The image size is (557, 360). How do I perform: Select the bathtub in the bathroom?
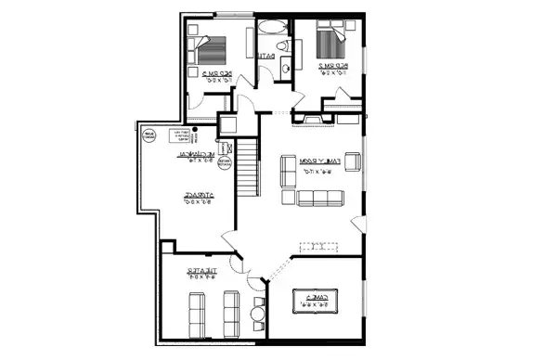(273, 26)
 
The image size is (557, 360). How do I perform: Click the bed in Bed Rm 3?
(214, 47)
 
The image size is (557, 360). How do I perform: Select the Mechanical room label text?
(196, 155)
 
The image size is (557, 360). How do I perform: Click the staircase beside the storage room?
(246, 166)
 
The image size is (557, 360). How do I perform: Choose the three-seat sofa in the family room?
(320, 197)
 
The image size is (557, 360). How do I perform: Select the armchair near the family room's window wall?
(353, 161)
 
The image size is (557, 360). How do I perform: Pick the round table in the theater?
(256, 313)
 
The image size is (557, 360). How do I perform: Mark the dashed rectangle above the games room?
(318, 247)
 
